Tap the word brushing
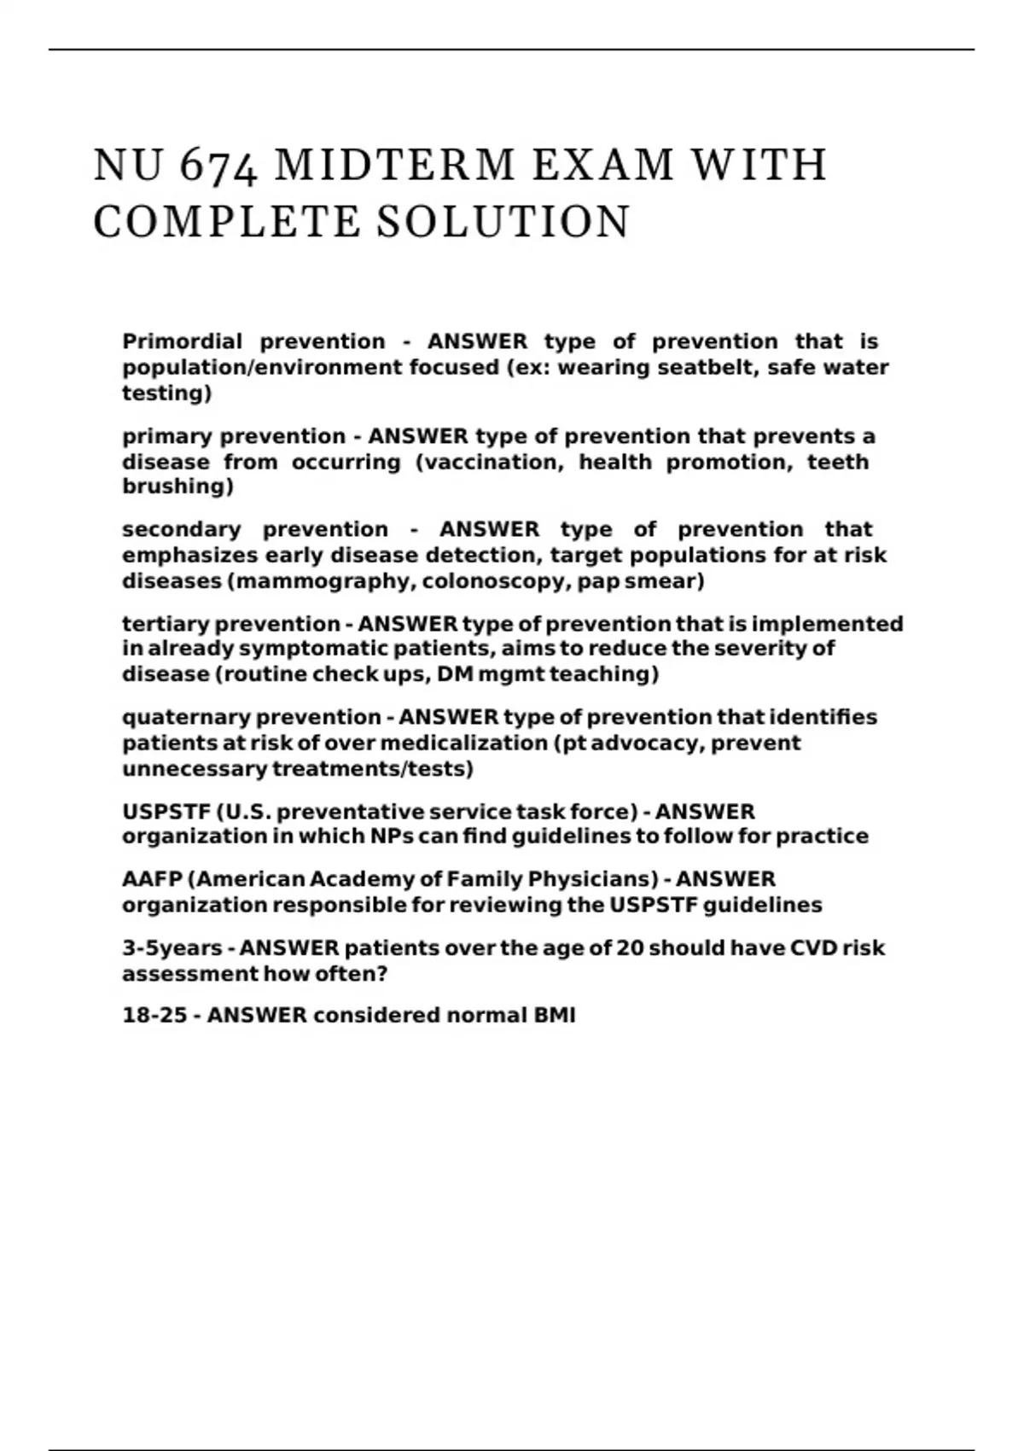click(177, 487)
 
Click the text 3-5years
click(172, 948)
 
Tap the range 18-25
click(154, 1016)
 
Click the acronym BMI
click(555, 1016)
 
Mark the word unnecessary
click(195, 769)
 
